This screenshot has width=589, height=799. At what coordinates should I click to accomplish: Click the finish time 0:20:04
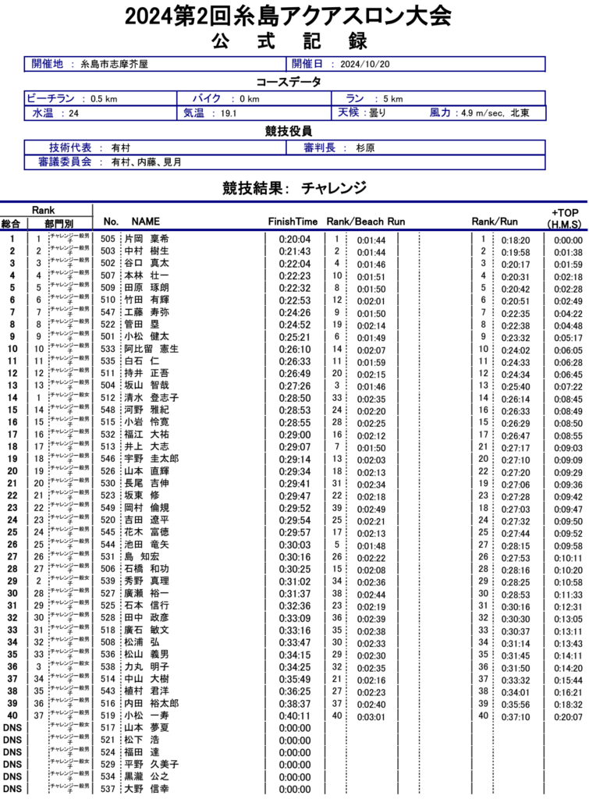pyautogui.click(x=294, y=240)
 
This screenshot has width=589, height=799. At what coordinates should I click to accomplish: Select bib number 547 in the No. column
pyautogui.click(x=108, y=313)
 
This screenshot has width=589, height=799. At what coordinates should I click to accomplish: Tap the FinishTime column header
pyautogui.click(x=293, y=222)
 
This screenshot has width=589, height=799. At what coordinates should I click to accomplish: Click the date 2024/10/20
pyautogui.click(x=365, y=65)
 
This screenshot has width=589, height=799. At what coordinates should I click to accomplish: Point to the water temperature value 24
pyautogui.click(x=74, y=114)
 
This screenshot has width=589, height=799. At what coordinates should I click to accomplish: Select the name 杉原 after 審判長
pyautogui.click(x=365, y=147)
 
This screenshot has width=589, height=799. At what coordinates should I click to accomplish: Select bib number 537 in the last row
pyautogui.click(x=108, y=789)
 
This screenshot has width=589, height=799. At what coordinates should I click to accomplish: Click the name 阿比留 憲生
pyautogui.click(x=151, y=350)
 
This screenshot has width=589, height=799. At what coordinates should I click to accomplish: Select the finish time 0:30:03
pyautogui.click(x=294, y=545)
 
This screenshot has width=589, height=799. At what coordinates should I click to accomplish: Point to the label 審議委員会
pyautogui.click(x=65, y=162)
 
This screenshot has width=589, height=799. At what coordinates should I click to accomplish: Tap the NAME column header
pyautogui.click(x=145, y=222)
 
